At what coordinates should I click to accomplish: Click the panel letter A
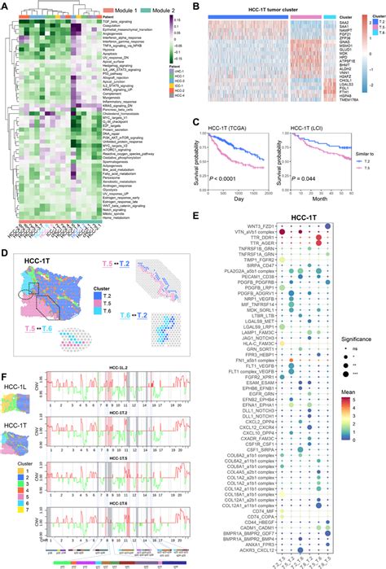[x=5, y=5]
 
